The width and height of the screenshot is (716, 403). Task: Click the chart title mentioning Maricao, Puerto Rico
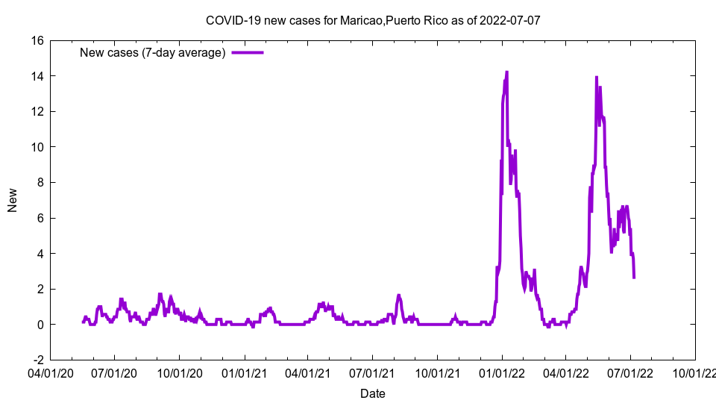click(x=372, y=20)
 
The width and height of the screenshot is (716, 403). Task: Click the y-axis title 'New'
click(x=13, y=200)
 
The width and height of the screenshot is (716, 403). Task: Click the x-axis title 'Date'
click(x=372, y=393)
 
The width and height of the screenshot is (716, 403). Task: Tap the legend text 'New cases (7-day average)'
click(x=152, y=52)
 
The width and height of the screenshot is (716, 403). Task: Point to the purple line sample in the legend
click(x=248, y=52)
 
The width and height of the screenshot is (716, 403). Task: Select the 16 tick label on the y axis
click(x=37, y=41)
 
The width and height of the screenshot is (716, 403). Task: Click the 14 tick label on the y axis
click(x=37, y=76)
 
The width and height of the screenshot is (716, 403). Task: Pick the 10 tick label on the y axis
click(x=37, y=147)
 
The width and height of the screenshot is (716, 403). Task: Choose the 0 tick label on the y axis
click(x=40, y=325)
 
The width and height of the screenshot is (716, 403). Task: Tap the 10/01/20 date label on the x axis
click(x=179, y=370)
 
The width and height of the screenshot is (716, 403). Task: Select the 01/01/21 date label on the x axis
click(x=244, y=370)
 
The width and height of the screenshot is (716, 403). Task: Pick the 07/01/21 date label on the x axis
click(x=372, y=370)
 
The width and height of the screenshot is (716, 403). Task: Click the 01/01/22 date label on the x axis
click(x=502, y=370)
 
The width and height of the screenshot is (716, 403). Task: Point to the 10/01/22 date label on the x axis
click(x=695, y=370)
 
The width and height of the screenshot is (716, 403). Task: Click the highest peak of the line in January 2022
click(x=506, y=72)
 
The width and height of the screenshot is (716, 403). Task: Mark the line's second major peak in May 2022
click(x=596, y=77)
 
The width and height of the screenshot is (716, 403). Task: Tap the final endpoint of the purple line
click(x=634, y=278)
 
